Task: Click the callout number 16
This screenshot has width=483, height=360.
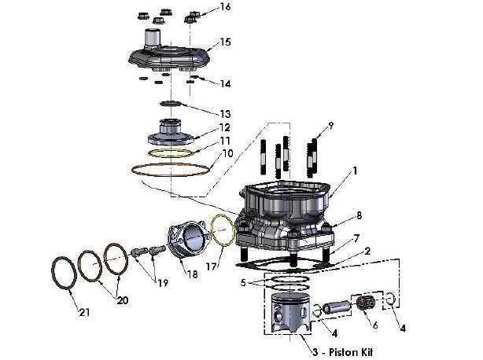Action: tap(226, 7)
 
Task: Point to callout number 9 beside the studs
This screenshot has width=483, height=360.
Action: tap(330, 125)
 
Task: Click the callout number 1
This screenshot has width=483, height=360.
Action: tap(355, 170)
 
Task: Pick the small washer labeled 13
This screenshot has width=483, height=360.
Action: tap(171, 104)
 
